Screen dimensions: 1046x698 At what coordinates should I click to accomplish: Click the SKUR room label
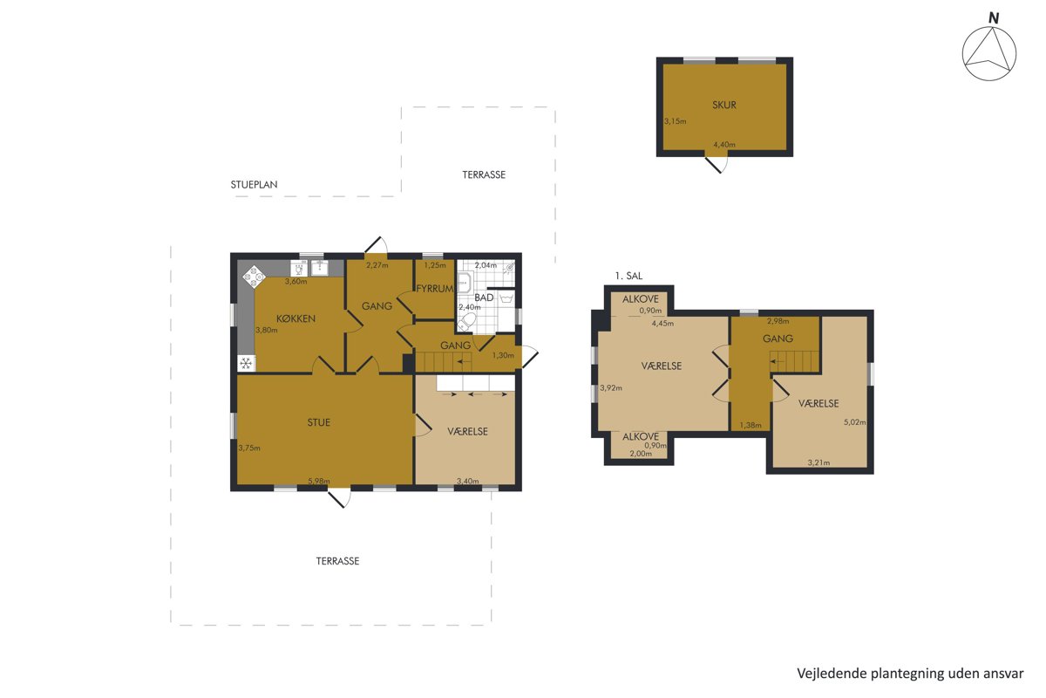click(723, 106)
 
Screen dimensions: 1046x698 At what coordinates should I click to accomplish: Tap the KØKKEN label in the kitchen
click(295, 318)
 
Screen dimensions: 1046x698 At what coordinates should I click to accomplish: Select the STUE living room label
click(318, 422)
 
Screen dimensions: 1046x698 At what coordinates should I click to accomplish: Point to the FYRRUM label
click(434, 289)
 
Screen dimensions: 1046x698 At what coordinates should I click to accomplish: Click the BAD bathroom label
click(484, 298)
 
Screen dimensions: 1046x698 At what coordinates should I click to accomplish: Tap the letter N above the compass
click(994, 18)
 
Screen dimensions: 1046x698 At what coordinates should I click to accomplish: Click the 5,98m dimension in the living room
click(319, 481)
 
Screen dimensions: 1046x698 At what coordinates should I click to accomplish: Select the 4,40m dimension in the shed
click(724, 145)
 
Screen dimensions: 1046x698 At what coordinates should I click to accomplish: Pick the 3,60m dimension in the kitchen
click(296, 282)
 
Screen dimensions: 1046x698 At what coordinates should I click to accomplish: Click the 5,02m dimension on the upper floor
click(854, 422)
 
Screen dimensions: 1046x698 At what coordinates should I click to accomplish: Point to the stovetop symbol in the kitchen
click(254, 277)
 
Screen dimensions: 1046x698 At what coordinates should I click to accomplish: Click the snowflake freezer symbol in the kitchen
click(246, 363)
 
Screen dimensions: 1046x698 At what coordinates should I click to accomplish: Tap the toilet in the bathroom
click(467, 322)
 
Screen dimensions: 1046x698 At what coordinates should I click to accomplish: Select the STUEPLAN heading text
click(254, 185)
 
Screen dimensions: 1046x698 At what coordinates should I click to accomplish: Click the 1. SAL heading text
click(628, 276)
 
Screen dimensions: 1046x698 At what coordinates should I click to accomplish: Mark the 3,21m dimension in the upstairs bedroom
click(819, 462)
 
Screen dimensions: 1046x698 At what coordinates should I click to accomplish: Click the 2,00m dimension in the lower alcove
click(641, 454)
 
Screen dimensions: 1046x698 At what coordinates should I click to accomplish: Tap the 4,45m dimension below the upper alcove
click(662, 323)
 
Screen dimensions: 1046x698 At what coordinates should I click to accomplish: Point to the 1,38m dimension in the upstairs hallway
click(751, 426)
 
